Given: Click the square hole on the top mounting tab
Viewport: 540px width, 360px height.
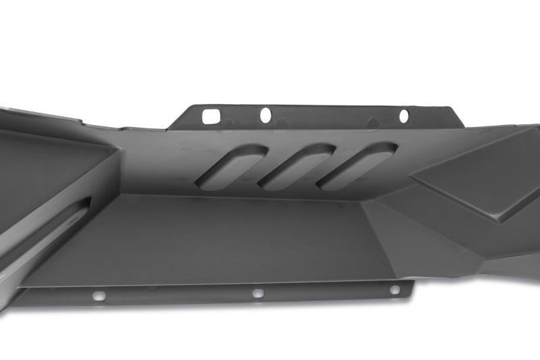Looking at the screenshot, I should click(x=211, y=115).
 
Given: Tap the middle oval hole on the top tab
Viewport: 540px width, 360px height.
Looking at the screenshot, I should click(x=265, y=115).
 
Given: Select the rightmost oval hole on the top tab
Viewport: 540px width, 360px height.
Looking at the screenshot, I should click(x=404, y=116).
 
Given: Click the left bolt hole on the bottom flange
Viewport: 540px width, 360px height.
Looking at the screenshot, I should click(x=99, y=296).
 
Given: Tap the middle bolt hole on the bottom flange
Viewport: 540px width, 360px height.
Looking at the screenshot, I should click(x=257, y=293).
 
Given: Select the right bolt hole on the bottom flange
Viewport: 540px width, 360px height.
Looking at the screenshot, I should click(x=394, y=290).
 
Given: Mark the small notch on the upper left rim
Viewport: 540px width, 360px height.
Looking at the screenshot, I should click(x=82, y=122).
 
